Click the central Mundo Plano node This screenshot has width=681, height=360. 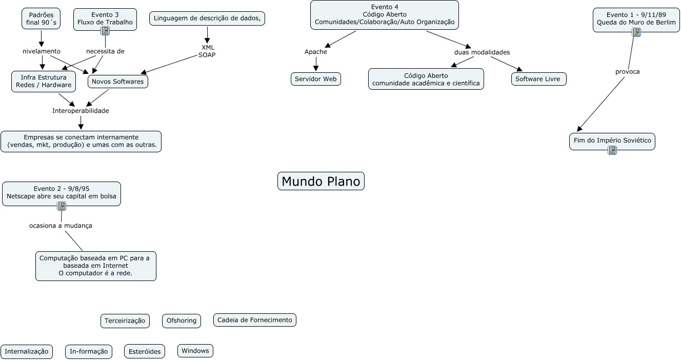click(321, 181)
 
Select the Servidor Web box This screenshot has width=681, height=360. click(315, 79)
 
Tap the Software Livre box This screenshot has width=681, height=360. click(538, 79)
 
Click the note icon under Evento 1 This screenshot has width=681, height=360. click(636, 32)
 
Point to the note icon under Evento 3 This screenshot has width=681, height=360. click(105, 31)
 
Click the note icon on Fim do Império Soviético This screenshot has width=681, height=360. click(612, 150)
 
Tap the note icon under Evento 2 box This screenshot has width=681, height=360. click(62, 206)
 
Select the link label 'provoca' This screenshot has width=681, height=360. click(627, 71)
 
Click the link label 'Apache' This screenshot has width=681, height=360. click(315, 52)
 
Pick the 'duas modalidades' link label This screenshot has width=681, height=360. click(482, 52)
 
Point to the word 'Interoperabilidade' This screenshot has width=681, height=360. click(81, 111)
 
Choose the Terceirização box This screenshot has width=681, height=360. click(125, 321)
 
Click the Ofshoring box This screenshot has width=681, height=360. click(182, 321)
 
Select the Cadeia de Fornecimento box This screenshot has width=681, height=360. click(254, 320)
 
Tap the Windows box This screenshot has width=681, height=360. click(195, 351)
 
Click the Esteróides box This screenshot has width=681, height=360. click(144, 351)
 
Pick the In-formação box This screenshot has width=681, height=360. click(89, 351)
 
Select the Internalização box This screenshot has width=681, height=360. click(27, 351)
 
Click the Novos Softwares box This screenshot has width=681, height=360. click(118, 82)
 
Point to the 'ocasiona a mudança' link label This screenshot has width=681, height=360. click(61, 226)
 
